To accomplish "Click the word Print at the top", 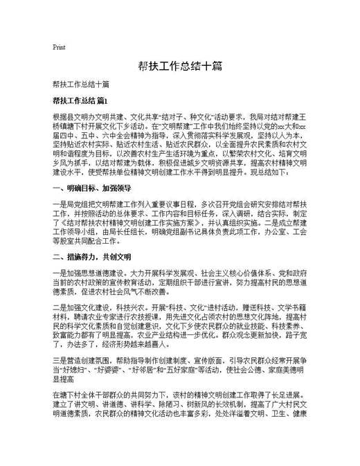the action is [59, 48].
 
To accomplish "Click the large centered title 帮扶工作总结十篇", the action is [179, 67].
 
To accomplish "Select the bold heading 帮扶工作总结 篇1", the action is [80, 100].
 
